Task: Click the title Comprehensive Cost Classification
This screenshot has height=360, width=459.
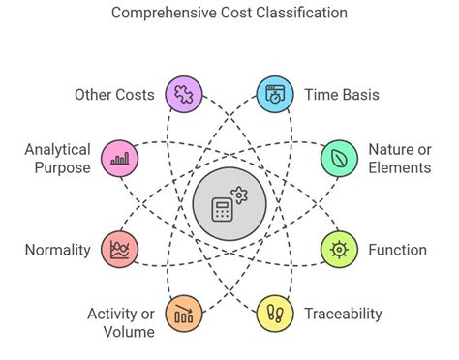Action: click(x=229, y=14)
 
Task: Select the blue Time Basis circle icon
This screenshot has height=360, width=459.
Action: click(x=275, y=95)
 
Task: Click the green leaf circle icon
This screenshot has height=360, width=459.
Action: click(x=337, y=158)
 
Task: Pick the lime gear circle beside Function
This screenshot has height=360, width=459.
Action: click(x=337, y=250)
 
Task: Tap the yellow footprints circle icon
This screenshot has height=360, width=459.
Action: click(x=275, y=313)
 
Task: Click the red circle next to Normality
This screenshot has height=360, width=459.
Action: click(x=121, y=250)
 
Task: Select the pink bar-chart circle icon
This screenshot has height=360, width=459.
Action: click(x=121, y=158)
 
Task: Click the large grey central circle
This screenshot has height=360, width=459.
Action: click(x=229, y=204)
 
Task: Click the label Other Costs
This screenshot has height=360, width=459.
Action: click(x=114, y=95)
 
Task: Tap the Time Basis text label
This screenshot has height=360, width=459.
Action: click(x=341, y=95)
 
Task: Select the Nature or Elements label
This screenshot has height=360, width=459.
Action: click(x=399, y=158)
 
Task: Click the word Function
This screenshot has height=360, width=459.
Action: click(x=397, y=250)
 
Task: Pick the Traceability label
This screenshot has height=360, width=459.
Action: click(x=343, y=313)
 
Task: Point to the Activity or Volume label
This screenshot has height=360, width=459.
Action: click(x=121, y=322)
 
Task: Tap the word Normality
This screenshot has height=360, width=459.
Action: click(x=58, y=250)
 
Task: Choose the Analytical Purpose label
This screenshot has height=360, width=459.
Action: click(x=58, y=158)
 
